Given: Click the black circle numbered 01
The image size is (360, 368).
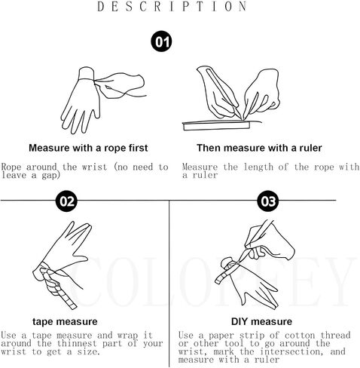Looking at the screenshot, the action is tap(161, 41).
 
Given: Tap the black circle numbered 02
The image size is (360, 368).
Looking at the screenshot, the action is tap(66, 201).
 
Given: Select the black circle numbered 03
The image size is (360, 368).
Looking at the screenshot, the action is tap(268, 201).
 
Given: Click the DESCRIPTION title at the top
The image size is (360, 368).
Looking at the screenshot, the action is tap(172, 7).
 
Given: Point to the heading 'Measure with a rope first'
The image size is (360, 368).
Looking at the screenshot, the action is tap(88, 148).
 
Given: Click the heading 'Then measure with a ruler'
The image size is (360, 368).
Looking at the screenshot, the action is tap(259, 148).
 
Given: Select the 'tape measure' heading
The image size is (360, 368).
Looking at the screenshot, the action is tap(65, 321).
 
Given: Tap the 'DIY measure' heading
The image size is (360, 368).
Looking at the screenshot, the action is tap(261, 321).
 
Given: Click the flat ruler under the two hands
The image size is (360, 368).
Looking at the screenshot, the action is tap(216, 125).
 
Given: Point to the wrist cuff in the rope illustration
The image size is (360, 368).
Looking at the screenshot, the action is tap(87, 73).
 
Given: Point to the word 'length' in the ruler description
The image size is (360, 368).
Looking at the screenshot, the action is tap(258, 167).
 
